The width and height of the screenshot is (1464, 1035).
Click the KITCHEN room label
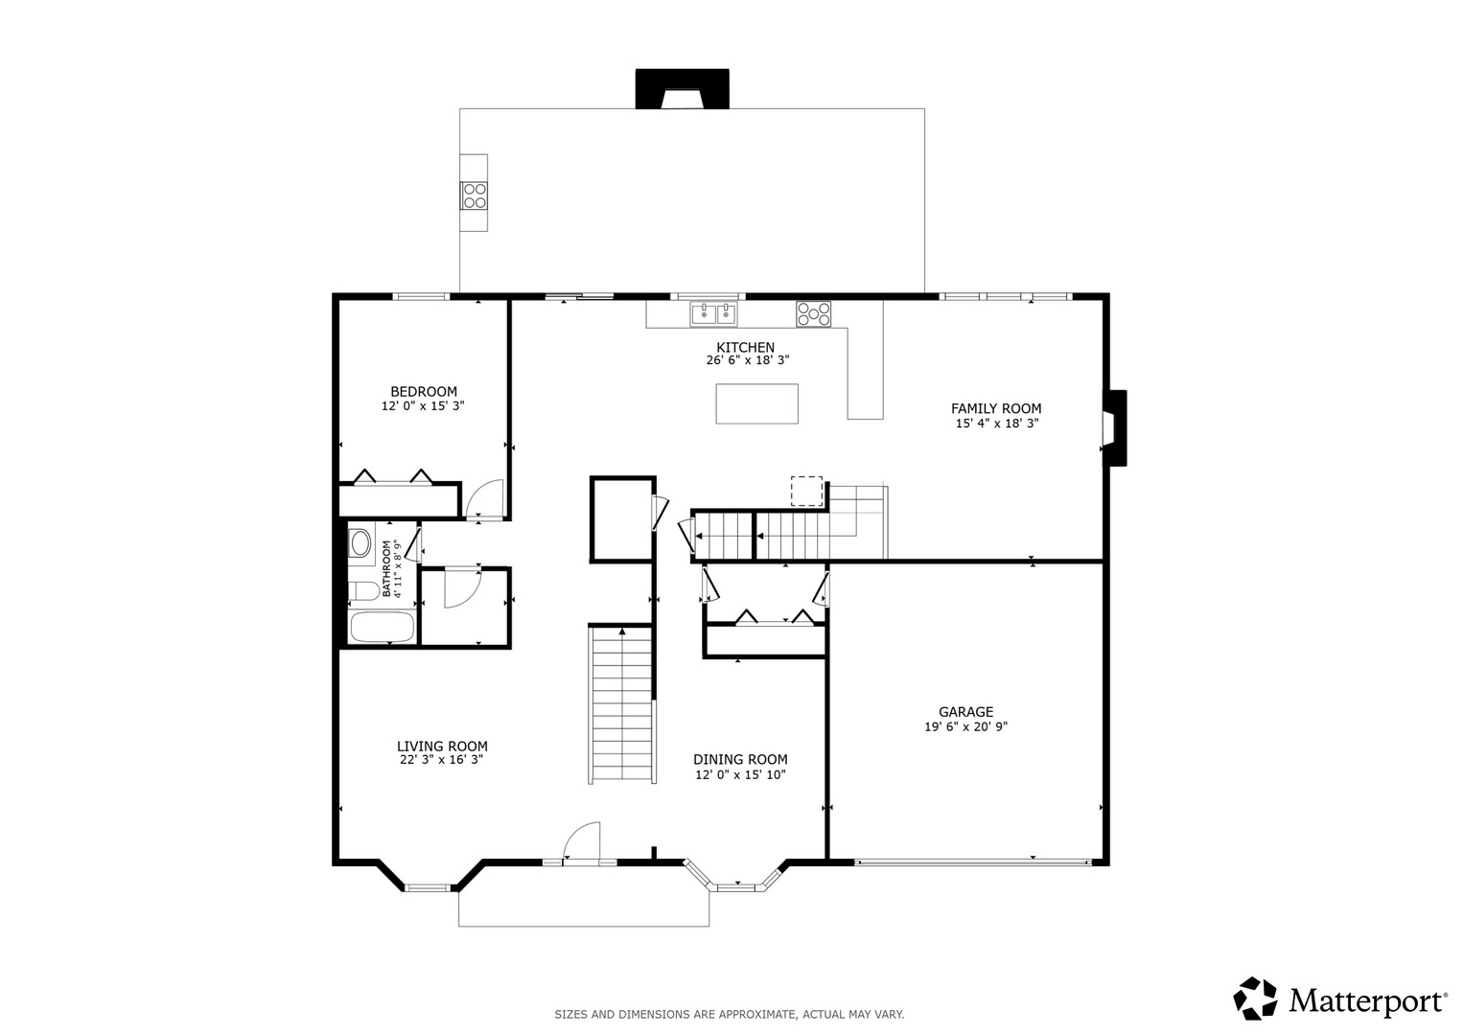pos(745,348)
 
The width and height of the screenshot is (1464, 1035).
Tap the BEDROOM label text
pos(424,392)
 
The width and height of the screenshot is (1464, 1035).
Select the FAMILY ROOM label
pos(996,409)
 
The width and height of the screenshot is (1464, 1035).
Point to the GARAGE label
pos(966,712)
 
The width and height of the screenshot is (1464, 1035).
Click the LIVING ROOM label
pos(442,747)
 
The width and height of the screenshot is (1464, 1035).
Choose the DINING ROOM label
pos(740,759)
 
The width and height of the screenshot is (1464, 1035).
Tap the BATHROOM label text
pos(386,568)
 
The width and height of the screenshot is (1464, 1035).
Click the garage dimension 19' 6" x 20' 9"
pos(966,726)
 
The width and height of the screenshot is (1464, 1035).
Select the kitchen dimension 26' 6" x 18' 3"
pos(748,360)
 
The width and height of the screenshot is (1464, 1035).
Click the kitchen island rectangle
pos(756,403)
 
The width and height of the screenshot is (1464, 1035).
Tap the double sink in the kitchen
pos(713,313)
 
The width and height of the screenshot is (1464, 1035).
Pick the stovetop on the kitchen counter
pos(813,314)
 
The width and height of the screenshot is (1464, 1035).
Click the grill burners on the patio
pos(475,196)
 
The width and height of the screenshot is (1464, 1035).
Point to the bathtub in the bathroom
pos(383,627)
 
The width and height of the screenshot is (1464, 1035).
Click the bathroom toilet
pos(363,590)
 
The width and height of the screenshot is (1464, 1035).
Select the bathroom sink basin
pos(360,543)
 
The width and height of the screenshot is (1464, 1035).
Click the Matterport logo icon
pos(1255,999)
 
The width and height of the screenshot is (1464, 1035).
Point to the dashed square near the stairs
pos(806,492)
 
